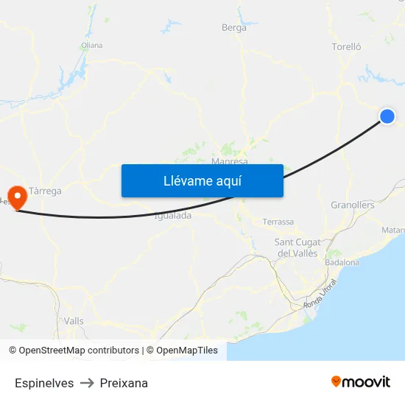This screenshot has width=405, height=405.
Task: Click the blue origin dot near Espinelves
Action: (387, 116)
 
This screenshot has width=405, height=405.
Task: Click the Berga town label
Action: (234, 28)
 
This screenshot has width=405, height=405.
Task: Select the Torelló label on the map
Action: (347, 46)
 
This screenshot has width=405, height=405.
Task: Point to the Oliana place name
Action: (92, 45)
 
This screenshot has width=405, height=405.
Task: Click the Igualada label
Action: (174, 216)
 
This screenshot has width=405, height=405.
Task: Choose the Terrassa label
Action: (278, 222)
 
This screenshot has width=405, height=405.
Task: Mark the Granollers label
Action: (353, 205)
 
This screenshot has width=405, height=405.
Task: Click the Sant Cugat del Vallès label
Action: (296, 247)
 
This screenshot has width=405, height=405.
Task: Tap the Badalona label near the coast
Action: (342, 262)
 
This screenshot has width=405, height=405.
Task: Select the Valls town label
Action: (74, 321)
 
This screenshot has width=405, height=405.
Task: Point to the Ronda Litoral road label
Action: (321, 295)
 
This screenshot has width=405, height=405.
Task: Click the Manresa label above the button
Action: (229, 161)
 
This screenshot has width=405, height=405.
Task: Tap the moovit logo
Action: (361, 382)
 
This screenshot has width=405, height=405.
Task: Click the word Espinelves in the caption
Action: (44, 383)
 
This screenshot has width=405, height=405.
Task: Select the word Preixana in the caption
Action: (124, 383)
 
